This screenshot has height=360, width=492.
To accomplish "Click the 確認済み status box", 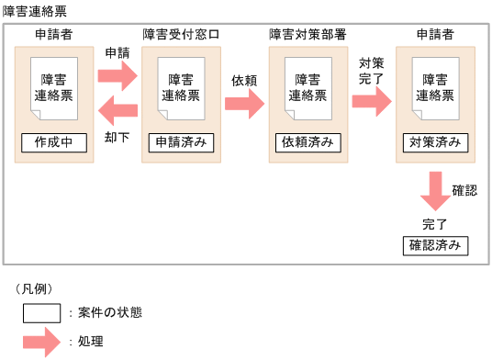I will (x=434, y=245).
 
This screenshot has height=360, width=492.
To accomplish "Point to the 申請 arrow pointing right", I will (x=117, y=73).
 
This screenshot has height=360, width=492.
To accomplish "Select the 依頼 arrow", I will (x=243, y=103).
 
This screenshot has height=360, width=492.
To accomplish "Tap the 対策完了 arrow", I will (x=371, y=103).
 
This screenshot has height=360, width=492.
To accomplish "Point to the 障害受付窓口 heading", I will (x=181, y=35).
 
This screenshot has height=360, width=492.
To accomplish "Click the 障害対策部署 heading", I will (x=307, y=35).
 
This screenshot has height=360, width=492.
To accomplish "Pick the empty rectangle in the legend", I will (x=41, y=312).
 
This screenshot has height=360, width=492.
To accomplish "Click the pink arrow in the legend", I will (x=41, y=342).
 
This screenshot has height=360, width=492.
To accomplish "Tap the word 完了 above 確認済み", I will (x=434, y=224).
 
